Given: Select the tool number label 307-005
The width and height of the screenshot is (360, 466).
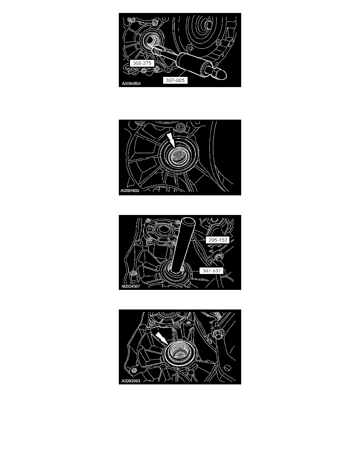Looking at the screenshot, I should (x=176, y=80).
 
